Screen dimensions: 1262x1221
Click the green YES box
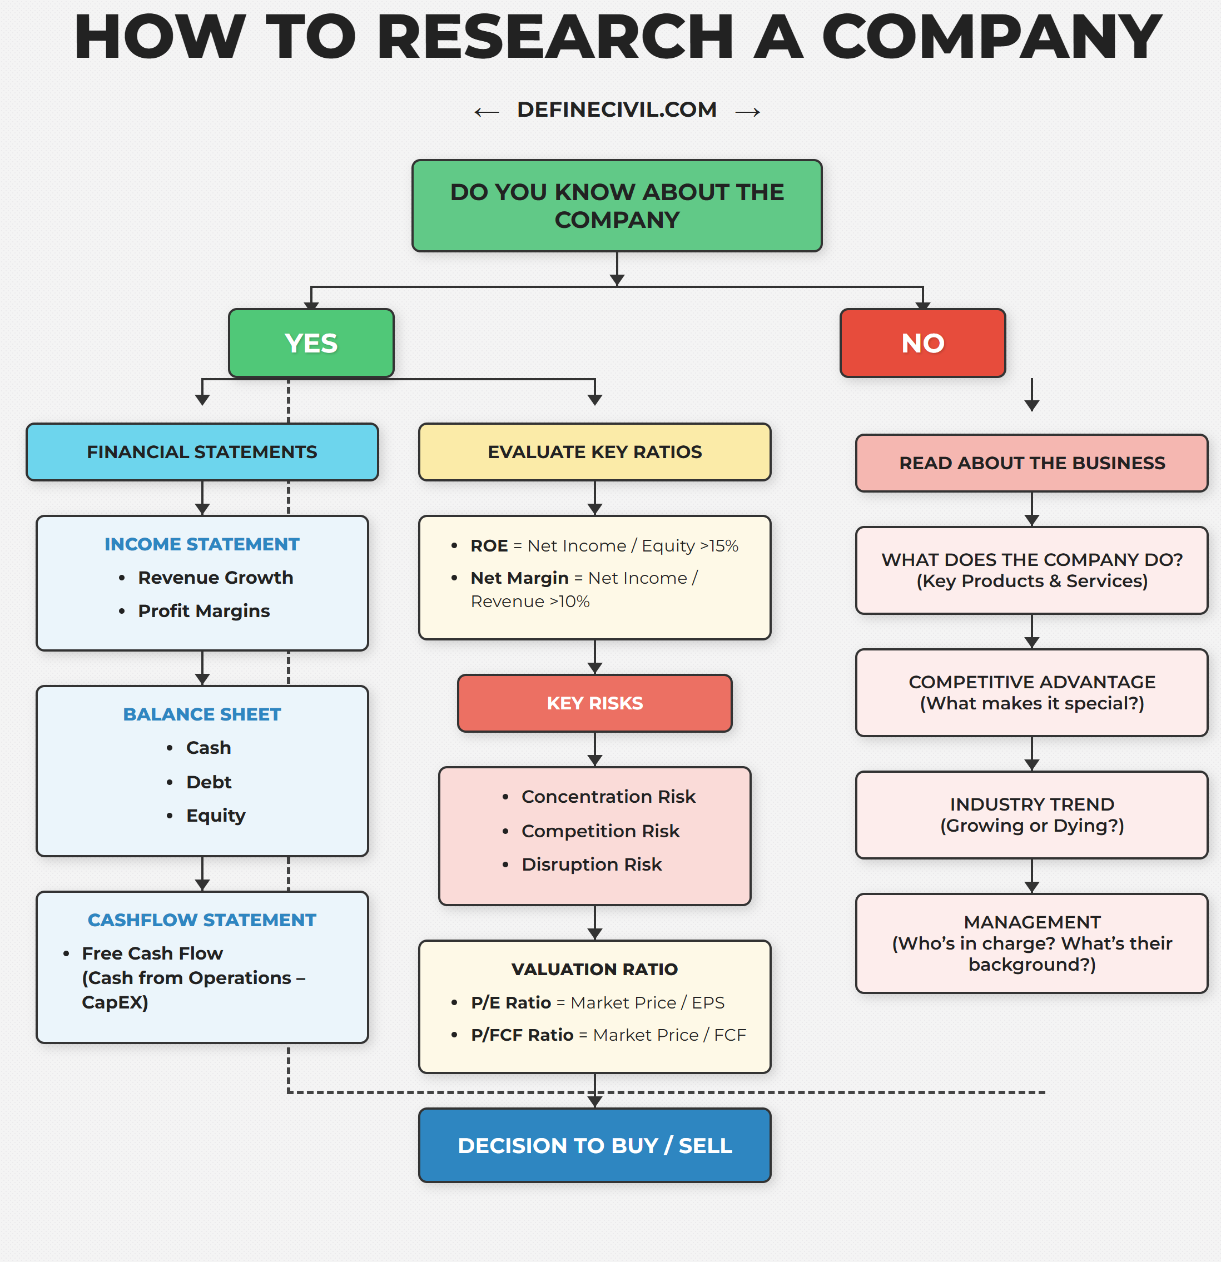pos(311,343)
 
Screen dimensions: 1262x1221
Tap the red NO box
pos(922,343)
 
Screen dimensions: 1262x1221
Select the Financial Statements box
pos(202,452)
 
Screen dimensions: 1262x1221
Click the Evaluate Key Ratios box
pos(594,452)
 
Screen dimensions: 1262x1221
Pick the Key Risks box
pos(594,703)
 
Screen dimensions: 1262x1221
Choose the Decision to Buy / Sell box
pos(594,1145)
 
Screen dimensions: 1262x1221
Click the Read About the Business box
pos(1031,463)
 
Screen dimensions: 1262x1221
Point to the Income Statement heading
pos(202,544)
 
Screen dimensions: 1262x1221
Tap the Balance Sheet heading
pos(202,714)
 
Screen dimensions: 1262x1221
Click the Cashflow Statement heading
pos(202,920)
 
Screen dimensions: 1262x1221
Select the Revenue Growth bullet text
pos(215,578)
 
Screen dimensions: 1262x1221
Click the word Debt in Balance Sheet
pos(209,782)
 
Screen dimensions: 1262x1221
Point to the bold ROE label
pos(489,546)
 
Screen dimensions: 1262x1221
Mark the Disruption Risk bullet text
pos(591,864)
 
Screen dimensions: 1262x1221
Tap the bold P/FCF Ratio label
pos(522,1035)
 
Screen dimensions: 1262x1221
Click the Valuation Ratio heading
pos(594,969)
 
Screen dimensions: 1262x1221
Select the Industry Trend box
pos(1031,814)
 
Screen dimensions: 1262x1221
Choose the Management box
pos(1031,943)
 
